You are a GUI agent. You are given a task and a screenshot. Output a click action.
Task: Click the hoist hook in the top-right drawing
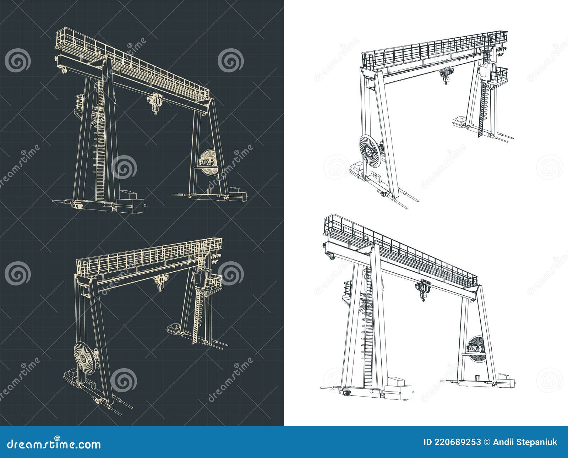click(445, 81)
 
